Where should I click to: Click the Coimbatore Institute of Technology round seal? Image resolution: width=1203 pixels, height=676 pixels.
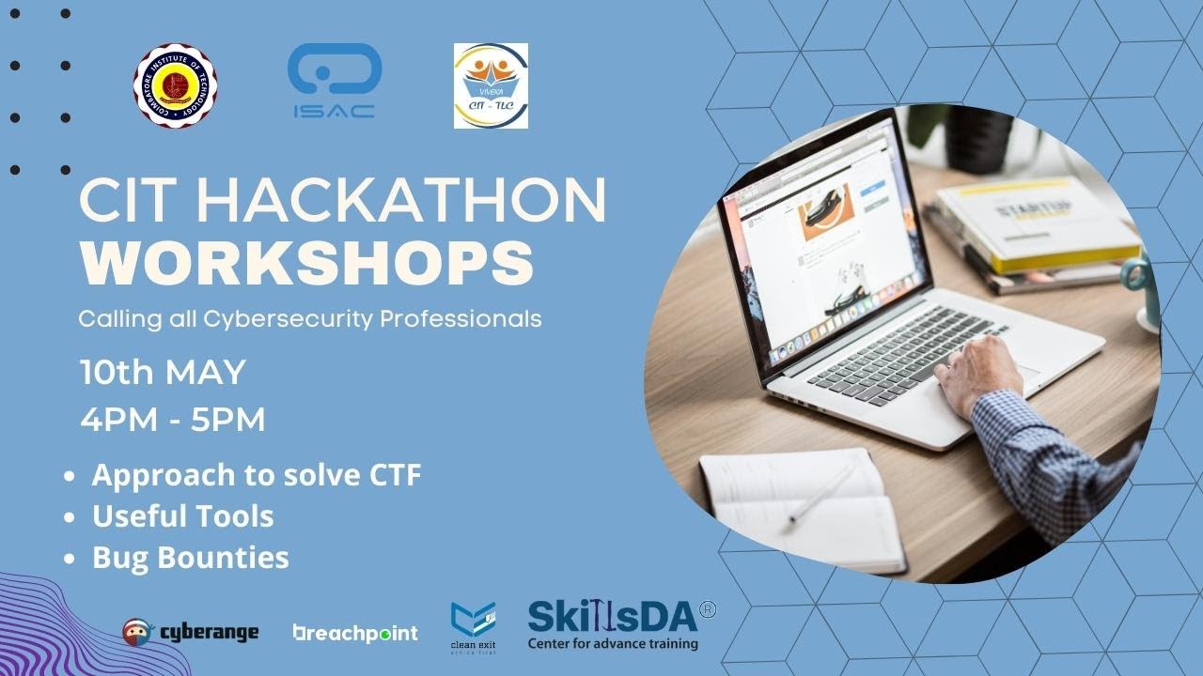tap(175, 85)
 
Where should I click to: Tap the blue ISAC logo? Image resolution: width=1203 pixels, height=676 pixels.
tap(334, 81)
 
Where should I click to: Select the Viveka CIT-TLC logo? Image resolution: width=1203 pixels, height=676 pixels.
tap(491, 85)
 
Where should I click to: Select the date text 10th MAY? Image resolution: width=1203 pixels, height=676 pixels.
tap(163, 373)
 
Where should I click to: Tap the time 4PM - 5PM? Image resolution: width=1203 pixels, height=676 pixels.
tap(173, 420)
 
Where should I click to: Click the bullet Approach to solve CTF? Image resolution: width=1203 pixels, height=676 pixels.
tap(256, 475)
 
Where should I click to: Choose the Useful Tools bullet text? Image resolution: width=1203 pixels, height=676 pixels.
tap(182, 516)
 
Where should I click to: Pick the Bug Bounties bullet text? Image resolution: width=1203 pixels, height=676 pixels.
tap(190, 558)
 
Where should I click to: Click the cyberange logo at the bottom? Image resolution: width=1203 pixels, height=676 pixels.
tap(191, 632)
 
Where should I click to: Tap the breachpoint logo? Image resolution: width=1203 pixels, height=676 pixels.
tap(355, 633)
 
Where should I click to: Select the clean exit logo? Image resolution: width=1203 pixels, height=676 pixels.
tap(473, 627)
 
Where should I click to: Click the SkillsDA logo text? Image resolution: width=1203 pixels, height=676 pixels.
tap(612, 616)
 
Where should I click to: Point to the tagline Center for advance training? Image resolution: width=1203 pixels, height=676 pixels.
tap(612, 644)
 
